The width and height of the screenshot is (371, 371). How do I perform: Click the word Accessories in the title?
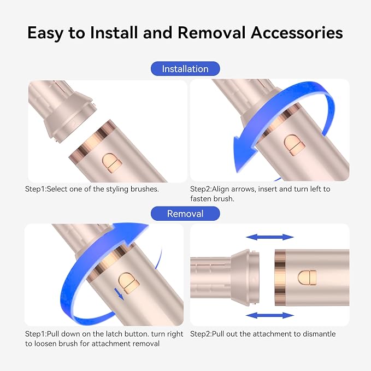tap(297, 32)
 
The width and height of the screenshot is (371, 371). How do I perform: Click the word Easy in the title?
tap(45, 33)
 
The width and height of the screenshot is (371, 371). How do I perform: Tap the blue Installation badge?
tap(185, 69)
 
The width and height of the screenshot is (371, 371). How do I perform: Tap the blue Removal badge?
tap(185, 214)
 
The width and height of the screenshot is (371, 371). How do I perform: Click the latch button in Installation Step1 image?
tap(112, 163)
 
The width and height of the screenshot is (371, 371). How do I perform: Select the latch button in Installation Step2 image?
tap(294, 145)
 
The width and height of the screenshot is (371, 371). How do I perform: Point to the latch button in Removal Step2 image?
tap(307, 278)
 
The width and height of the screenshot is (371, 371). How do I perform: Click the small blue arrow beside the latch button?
tap(119, 293)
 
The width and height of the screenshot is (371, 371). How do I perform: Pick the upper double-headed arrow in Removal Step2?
tap(270, 237)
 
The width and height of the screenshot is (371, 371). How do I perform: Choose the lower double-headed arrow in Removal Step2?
tap(270, 315)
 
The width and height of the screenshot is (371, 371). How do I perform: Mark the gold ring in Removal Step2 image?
tap(280, 278)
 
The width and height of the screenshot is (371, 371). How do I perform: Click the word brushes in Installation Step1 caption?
tap(144, 189)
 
